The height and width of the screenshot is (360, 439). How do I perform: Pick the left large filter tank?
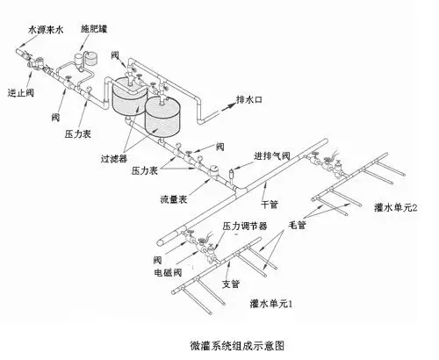click(x=126, y=96)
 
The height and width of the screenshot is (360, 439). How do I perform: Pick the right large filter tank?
click(x=164, y=112)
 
